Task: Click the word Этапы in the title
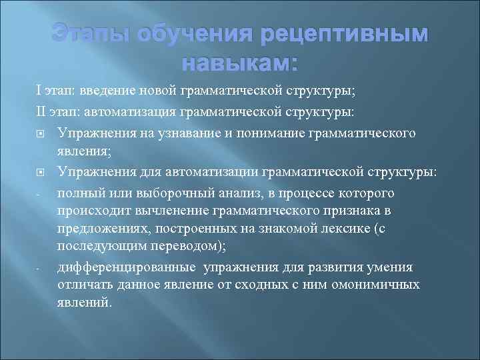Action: (x=93, y=35)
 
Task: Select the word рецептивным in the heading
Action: (x=343, y=35)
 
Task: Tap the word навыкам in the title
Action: (x=235, y=64)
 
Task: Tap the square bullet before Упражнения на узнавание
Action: (x=41, y=133)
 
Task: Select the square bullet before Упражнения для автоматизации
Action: (x=41, y=172)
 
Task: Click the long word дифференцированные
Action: (x=127, y=267)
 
